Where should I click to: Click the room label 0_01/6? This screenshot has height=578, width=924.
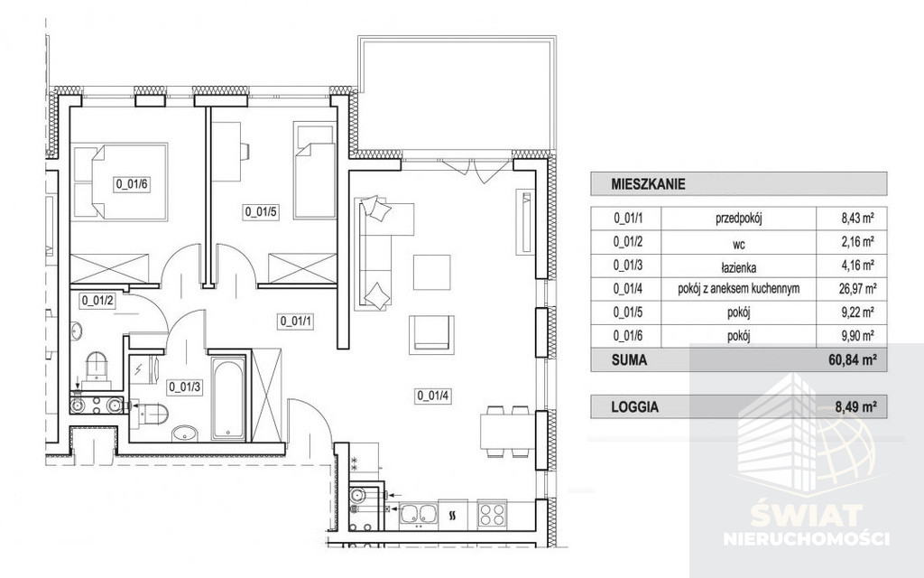click(x=131, y=183)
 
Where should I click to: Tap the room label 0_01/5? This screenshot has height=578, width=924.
click(x=261, y=211)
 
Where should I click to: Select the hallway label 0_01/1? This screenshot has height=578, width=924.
click(x=296, y=322)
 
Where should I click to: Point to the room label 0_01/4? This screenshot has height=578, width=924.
click(x=433, y=396)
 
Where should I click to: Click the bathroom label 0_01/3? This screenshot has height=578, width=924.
click(x=185, y=387)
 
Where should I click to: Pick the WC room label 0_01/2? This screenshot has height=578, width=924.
click(x=97, y=300)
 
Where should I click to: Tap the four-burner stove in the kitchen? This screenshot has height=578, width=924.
click(x=492, y=513)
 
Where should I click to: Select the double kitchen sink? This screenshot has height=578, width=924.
click(x=419, y=513)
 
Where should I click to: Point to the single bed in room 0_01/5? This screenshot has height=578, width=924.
click(x=314, y=170)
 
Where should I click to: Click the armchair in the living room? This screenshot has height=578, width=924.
click(x=432, y=334)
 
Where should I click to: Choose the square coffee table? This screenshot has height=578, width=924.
click(x=432, y=272)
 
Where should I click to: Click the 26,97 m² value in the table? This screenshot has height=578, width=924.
click(x=859, y=289)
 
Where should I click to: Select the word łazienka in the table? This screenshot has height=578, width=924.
click(x=739, y=267)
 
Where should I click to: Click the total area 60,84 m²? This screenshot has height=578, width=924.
click(x=851, y=359)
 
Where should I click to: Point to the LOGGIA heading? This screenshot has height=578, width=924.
click(x=634, y=407)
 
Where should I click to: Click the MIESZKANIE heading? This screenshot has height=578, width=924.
click(x=648, y=184)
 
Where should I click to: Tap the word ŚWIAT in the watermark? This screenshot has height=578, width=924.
click(x=806, y=517)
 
